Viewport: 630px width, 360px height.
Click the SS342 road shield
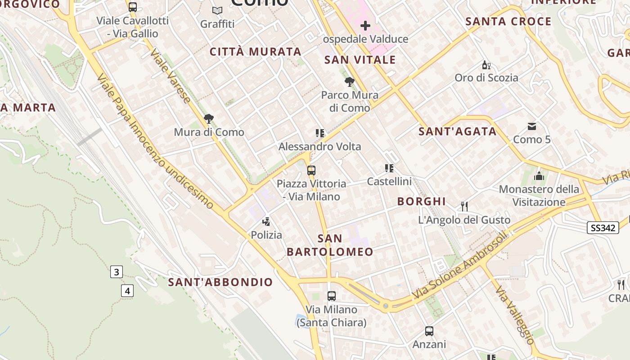pos(603,228)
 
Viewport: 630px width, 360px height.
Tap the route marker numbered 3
pos(117,272)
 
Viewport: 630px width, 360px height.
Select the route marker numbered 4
pos(127,291)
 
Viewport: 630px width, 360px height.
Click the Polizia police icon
pos(266,221)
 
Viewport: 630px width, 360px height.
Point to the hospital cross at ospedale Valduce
pos(365,26)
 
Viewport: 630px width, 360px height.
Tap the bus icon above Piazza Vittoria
pos(311,171)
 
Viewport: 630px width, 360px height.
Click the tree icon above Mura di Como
pos(208,119)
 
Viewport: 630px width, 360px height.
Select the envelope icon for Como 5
pos(532,126)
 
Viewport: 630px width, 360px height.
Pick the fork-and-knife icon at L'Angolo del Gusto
pos(464,207)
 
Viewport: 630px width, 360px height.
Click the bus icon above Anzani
pos(429,331)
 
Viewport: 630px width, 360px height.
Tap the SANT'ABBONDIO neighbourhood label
pos(220,282)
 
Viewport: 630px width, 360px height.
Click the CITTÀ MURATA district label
pos(256,52)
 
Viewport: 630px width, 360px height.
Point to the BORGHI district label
pos(422,201)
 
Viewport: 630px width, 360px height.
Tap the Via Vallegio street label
pos(515,315)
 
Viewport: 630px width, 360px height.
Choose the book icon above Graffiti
pos(217,10)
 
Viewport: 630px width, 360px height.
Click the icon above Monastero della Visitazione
pos(539,176)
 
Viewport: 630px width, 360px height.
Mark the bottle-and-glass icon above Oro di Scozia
pos(486,65)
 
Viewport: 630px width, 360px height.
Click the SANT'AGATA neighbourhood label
pos(458,131)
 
